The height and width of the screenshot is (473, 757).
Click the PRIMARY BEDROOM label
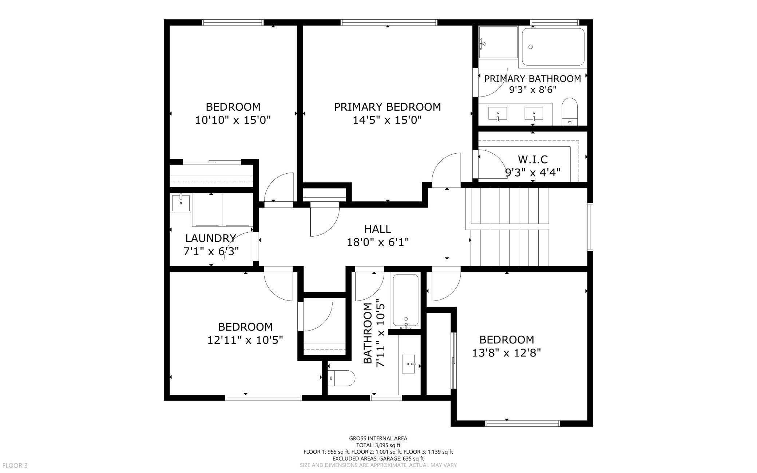(x=387, y=107)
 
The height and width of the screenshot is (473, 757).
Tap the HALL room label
(x=378, y=229)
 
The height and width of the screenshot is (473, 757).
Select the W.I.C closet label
(x=532, y=159)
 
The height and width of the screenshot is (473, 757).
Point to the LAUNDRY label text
(x=210, y=238)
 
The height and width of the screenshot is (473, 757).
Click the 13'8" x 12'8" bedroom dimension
(x=507, y=353)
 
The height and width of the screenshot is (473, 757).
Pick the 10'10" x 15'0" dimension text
(x=233, y=120)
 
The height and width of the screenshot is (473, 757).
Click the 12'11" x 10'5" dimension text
(x=245, y=340)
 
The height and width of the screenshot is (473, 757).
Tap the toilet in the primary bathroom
(x=570, y=111)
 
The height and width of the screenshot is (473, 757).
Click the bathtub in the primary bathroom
(x=553, y=47)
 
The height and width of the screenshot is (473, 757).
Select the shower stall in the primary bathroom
(x=498, y=42)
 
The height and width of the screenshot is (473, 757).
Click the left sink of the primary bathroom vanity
(x=498, y=114)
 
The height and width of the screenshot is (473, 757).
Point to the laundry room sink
(x=181, y=203)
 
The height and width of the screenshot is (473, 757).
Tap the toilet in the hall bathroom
(x=341, y=378)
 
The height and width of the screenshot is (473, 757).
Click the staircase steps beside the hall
(x=509, y=227)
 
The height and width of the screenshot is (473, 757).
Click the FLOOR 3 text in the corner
(x=15, y=465)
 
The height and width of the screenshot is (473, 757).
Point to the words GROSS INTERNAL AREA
(x=378, y=438)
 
